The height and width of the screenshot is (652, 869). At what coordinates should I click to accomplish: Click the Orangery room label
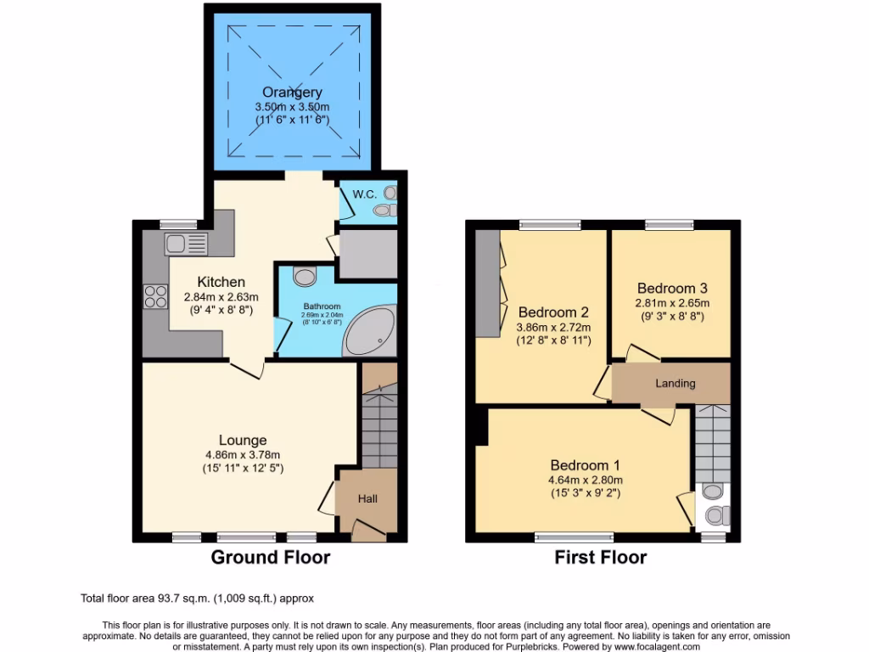pyautogui.click(x=292, y=93)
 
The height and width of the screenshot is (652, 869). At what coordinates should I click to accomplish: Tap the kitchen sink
pyautogui.click(x=176, y=244)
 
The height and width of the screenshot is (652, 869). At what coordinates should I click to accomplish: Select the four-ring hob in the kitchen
pyautogui.click(x=155, y=296)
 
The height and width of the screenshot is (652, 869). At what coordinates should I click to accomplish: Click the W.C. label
pyautogui.click(x=364, y=194)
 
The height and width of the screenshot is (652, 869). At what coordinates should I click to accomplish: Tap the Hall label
pyautogui.click(x=367, y=499)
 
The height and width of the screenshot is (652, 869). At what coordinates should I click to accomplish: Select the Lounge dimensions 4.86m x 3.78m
pyautogui.click(x=243, y=454)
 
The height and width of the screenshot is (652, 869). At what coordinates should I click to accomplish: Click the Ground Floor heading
pyautogui.click(x=270, y=558)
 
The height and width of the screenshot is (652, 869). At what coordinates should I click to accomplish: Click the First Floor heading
pyautogui.click(x=600, y=558)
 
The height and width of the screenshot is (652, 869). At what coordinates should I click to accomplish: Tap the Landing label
pyautogui.click(x=675, y=383)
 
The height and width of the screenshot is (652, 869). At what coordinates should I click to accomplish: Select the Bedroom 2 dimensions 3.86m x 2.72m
pyautogui.click(x=554, y=327)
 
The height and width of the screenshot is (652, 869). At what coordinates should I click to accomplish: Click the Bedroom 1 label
pyautogui.click(x=585, y=465)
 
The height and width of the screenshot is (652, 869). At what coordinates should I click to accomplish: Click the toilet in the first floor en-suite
pyautogui.click(x=716, y=514)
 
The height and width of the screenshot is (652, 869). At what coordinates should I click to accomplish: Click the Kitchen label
pyautogui.click(x=221, y=282)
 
